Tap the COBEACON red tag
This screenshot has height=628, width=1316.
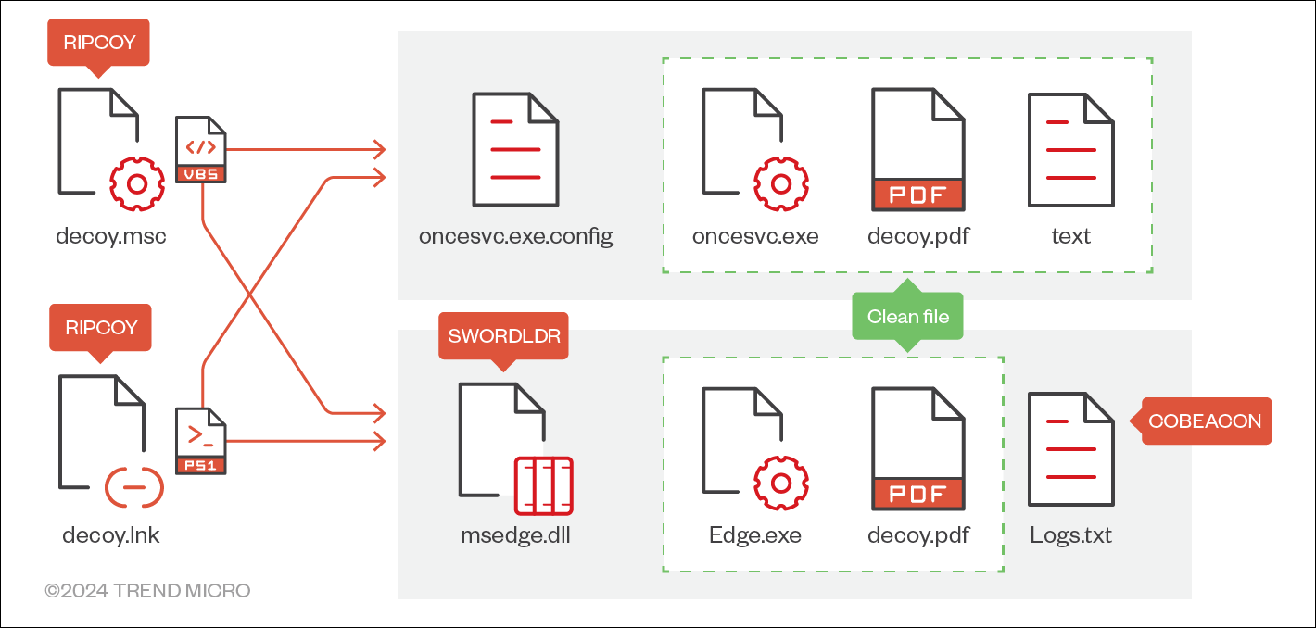point(1205,421)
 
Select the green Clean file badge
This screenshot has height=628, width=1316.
point(907,317)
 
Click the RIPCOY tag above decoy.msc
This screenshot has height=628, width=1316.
point(99,42)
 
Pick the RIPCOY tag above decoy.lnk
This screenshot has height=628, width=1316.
point(99,327)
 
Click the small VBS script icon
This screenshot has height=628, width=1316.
point(201,150)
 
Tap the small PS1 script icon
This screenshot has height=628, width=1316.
point(201,441)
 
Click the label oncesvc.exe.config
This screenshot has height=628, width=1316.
point(515,236)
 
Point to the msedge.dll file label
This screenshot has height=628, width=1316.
point(515,535)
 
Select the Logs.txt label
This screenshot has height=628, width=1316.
point(1070,535)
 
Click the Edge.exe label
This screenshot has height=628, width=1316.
point(755,535)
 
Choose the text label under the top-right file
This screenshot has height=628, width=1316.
point(1070,236)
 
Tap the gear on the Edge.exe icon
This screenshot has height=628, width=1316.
point(780,483)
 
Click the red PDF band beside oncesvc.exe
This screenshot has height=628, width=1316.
point(917,195)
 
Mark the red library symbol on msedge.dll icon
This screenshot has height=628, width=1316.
point(544,485)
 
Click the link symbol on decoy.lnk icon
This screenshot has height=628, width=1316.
point(134,485)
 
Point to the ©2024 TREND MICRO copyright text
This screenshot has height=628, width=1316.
point(147,590)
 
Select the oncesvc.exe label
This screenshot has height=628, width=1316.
point(755,236)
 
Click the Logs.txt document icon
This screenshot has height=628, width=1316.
point(1070,449)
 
